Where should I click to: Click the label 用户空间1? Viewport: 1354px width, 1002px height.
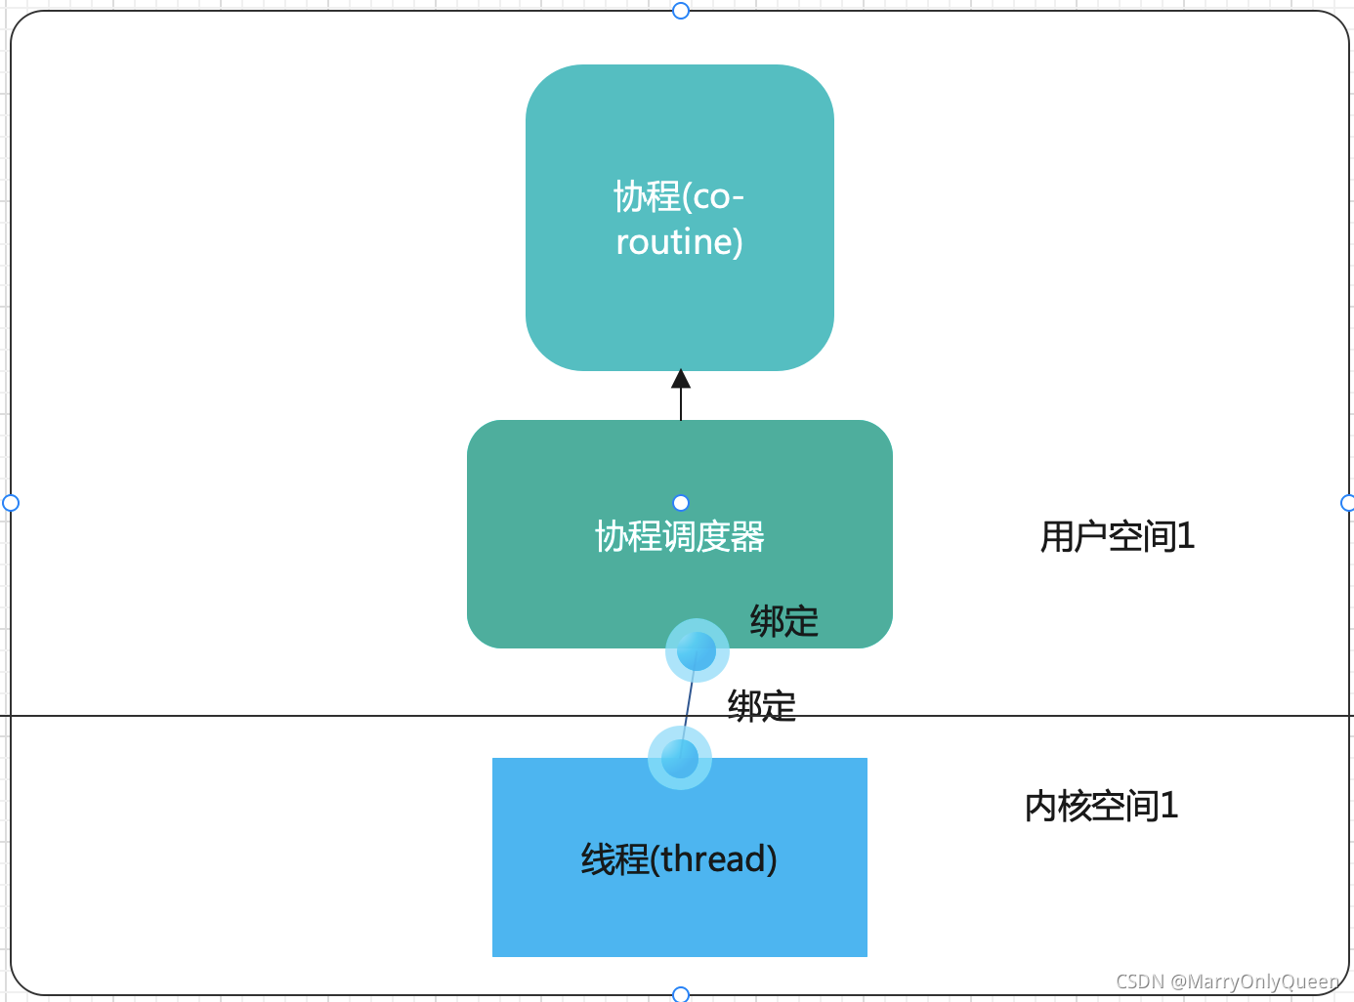pos(1117,537)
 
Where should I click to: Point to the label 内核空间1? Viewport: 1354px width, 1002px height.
pos(1101,807)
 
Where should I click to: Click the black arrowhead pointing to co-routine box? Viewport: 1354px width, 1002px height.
pos(681,379)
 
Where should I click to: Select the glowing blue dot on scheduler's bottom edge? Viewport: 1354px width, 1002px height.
pos(697,649)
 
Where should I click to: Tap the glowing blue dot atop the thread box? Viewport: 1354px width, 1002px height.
pos(680,758)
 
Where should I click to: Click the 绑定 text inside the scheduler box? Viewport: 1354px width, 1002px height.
pos(783,621)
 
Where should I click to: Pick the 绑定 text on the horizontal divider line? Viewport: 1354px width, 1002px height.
pos(761,705)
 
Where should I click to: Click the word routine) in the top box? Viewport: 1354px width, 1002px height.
pos(679,242)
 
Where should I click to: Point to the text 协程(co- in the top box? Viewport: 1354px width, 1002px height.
pos(679,197)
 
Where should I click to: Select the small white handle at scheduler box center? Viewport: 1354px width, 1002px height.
pos(681,503)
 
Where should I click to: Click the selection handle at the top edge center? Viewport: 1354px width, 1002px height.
pos(681,11)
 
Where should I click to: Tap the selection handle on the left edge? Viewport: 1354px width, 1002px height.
pos(11,503)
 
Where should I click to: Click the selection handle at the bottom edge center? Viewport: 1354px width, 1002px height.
pos(681,994)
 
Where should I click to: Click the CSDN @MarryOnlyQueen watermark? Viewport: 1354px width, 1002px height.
pos(1227,981)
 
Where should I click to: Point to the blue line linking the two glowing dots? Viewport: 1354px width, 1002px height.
pos(689,703)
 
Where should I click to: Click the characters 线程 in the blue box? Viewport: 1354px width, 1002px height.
pos(614,859)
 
